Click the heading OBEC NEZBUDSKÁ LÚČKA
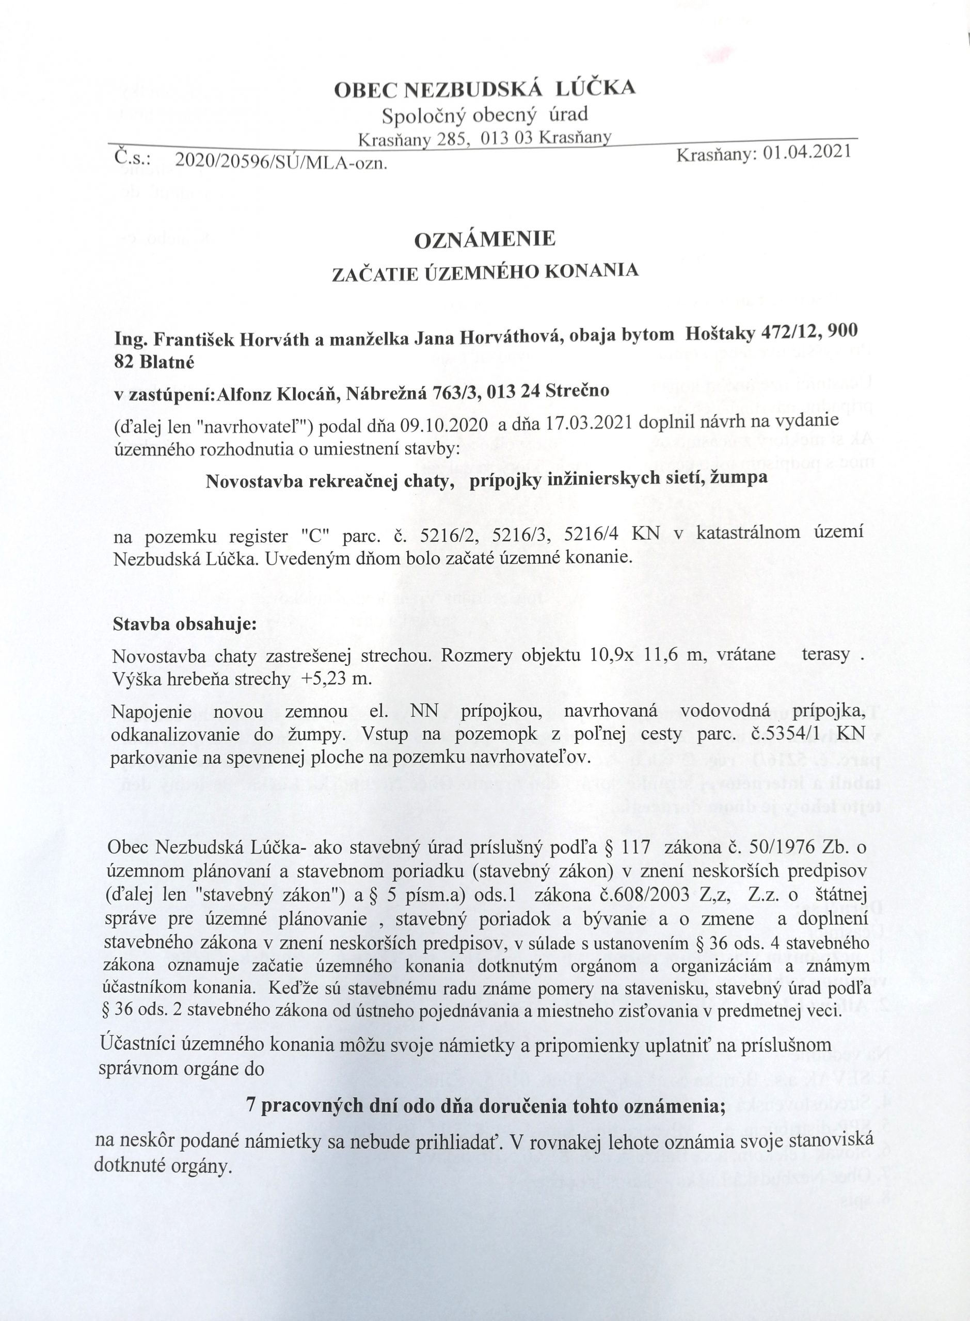484,89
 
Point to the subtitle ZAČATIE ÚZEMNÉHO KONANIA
485,272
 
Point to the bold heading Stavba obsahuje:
185,623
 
